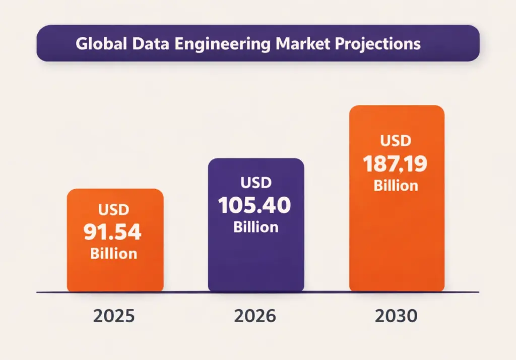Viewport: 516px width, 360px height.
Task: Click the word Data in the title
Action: coord(147,43)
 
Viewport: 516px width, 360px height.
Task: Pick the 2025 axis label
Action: coord(114,316)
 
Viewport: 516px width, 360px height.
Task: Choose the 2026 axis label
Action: coord(255,316)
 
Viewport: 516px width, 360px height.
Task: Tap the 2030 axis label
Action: coord(396,316)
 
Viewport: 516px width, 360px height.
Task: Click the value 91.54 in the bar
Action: coord(113,232)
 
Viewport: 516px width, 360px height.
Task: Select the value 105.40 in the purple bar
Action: coord(255,205)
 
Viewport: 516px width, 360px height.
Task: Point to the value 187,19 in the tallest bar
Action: coord(396,164)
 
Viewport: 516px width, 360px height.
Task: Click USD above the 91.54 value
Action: coord(113,209)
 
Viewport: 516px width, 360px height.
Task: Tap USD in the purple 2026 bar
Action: coord(256,182)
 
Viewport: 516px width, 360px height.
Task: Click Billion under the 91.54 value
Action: coord(113,253)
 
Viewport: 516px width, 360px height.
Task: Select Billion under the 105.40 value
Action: coord(255,227)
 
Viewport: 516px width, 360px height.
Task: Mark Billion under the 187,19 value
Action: coord(396,186)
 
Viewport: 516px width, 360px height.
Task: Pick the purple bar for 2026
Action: coord(256,262)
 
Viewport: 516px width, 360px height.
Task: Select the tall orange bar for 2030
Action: coord(397,237)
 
